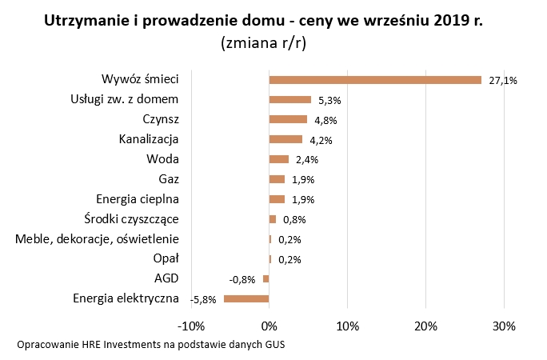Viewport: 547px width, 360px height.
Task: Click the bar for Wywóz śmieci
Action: point(375,80)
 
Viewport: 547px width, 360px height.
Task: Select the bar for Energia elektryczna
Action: point(246,298)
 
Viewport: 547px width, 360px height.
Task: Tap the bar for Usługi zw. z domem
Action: point(289,100)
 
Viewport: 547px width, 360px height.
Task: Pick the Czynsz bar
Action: point(288,120)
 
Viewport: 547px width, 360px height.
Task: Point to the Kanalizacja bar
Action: point(285,139)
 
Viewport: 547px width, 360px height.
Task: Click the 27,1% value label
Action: point(504,81)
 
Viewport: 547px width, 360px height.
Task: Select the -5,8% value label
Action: point(203,299)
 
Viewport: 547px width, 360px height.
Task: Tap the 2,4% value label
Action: point(307,160)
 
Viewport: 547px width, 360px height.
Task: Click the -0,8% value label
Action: point(242,280)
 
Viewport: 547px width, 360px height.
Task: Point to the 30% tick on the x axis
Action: point(504,326)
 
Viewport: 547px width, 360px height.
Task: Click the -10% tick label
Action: point(191,326)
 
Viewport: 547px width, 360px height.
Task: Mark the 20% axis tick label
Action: point(425,326)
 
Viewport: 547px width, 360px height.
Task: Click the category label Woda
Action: point(163,158)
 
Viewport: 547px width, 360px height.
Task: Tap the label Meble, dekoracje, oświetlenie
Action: point(98,238)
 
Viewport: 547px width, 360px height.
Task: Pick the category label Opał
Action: point(166,258)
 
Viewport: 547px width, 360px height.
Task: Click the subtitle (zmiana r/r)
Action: point(263,45)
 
